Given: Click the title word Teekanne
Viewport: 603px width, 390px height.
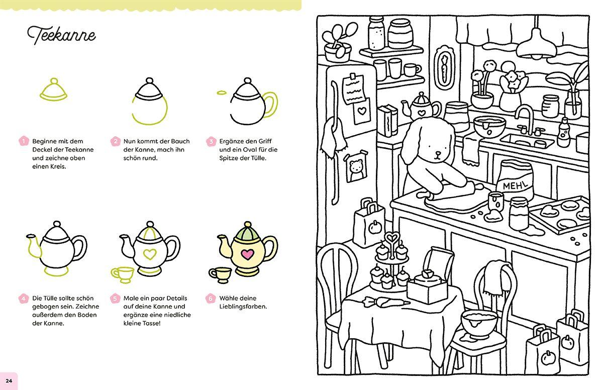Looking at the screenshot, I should [61, 35].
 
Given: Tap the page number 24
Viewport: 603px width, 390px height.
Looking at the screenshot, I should [9, 380].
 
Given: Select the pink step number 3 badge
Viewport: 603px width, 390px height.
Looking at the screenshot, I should [212, 141].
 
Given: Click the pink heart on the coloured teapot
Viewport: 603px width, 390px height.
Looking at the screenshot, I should [246, 254].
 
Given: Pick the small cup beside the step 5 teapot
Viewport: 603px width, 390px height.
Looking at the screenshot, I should [122, 274].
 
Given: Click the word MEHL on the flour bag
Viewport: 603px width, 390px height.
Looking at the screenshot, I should [517, 186].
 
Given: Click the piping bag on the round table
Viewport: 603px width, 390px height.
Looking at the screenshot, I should [382, 302].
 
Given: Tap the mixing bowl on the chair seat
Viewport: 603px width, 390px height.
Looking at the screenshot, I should [477, 323].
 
